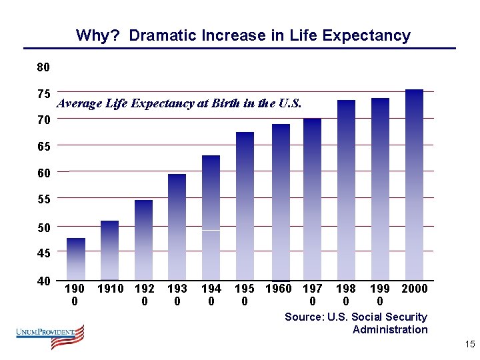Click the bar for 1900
(x=76, y=259)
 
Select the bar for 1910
(x=110, y=250)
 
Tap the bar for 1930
(x=177, y=227)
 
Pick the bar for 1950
(x=245, y=206)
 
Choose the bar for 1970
(x=312, y=199)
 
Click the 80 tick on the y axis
(x=43, y=67)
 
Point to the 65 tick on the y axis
(x=43, y=145)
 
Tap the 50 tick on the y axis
(x=43, y=227)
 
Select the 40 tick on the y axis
(x=43, y=281)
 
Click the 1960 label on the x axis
(x=279, y=289)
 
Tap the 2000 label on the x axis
(x=414, y=289)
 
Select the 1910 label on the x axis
(x=110, y=289)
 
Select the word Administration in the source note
(x=390, y=329)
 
